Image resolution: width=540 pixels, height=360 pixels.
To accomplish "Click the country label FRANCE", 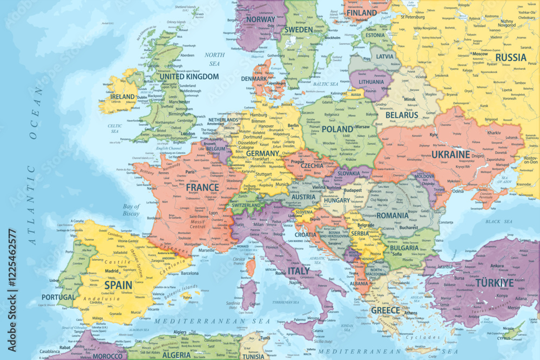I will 202,188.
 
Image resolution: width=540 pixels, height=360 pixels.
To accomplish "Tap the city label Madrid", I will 112,271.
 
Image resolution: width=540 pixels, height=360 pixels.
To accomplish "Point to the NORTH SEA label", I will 214,59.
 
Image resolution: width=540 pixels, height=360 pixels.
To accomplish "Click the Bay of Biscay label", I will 131,210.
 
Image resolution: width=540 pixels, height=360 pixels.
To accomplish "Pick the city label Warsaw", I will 362,127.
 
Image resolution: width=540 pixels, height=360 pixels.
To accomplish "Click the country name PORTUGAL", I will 58,297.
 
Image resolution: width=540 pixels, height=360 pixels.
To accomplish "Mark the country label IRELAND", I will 123,97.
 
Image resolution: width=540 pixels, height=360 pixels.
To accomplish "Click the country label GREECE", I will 386,310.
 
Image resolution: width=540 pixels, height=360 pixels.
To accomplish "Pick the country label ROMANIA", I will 393,215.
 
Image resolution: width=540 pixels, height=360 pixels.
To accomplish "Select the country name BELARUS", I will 402,115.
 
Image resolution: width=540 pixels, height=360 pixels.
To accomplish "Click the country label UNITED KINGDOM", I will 189,77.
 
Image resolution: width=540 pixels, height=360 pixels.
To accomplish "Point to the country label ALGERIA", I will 176,355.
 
